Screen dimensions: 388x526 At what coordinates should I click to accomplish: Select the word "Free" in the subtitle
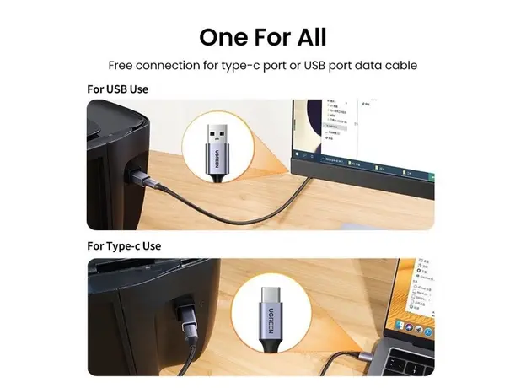coord(123,65)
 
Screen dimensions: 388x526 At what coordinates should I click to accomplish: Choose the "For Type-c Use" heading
coord(124,246)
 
